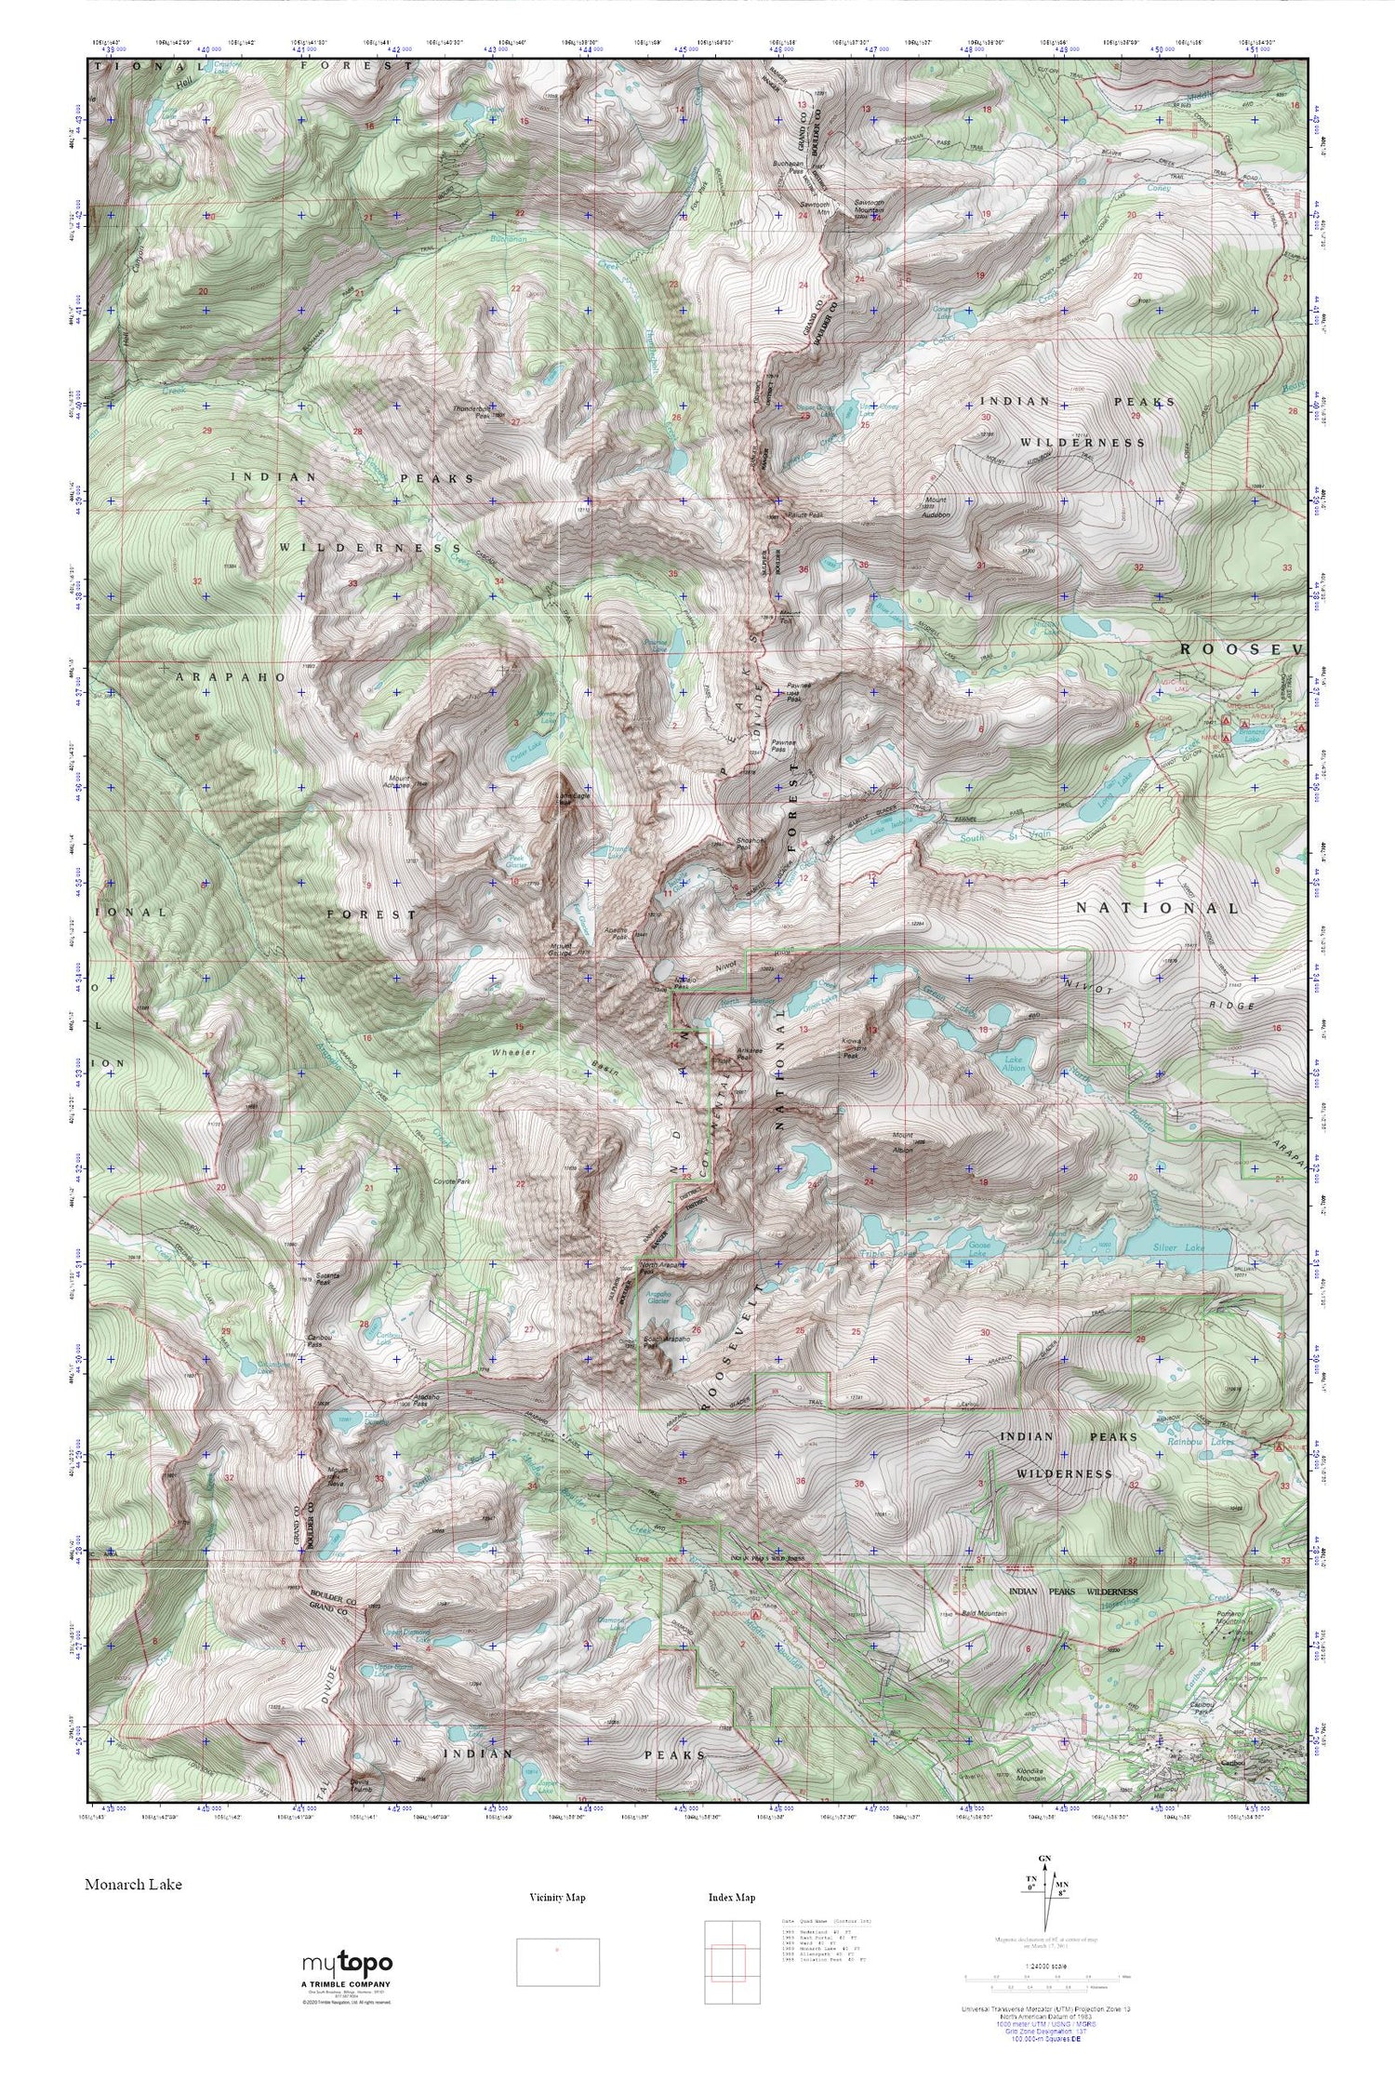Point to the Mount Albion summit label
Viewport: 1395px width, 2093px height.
(x=902, y=1144)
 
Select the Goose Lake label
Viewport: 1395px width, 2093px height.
(x=980, y=1248)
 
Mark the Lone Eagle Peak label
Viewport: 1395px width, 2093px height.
(x=565, y=799)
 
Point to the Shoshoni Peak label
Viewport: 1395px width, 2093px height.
(x=744, y=843)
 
